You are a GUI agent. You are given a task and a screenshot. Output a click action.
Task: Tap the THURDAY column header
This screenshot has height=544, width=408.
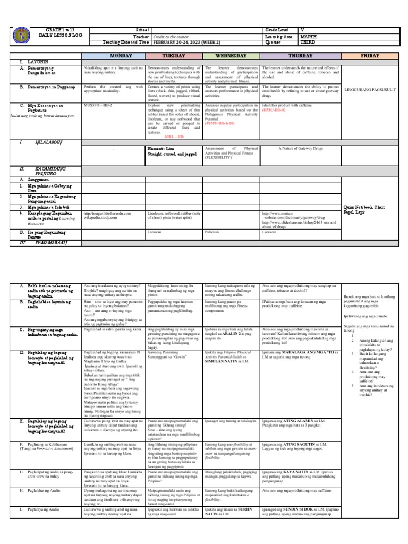pos(301,55)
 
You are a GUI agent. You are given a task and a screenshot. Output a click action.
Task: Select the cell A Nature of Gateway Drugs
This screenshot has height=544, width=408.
pos(301,149)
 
